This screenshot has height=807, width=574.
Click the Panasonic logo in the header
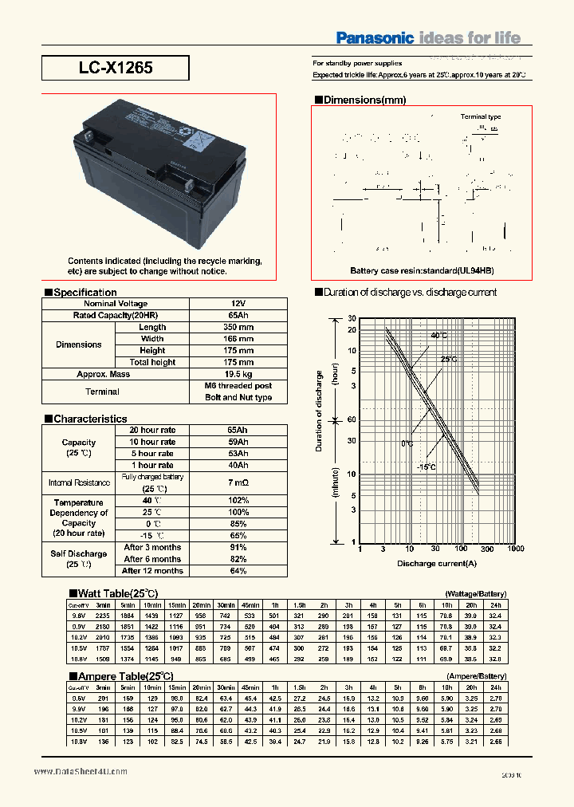point(374,37)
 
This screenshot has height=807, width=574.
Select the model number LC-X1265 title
point(116,68)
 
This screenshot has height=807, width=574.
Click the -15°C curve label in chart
point(426,466)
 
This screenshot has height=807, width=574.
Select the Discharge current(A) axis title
point(437,564)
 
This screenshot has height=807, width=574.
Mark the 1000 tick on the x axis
point(515,549)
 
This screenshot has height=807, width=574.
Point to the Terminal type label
point(481,116)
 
